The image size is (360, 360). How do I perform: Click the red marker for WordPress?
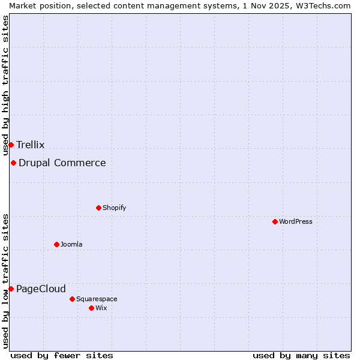click(275, 221)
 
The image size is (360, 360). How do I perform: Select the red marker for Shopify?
click(98, 208)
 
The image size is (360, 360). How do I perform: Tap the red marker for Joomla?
click(56, 244)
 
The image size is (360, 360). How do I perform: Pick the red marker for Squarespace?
click(72, 299)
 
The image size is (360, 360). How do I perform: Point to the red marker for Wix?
click(91, 308)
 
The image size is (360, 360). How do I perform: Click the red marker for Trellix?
click(11, 145)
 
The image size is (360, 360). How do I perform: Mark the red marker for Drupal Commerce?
click(13, 163)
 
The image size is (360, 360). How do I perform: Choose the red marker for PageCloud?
click(11, 289)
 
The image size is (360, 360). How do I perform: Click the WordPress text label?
click(296, 221)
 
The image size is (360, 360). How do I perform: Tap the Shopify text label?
click(114, 208)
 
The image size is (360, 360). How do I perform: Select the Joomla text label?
click(71, 244)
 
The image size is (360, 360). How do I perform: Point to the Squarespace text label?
click(97, 299)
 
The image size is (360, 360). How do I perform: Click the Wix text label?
click(101, 308)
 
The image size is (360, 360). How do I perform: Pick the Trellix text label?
click(31, 145)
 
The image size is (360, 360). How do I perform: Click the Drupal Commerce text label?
click(62, 163)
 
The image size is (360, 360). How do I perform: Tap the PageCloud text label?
click(41, 289)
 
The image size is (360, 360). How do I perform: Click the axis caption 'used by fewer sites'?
click(62, 355)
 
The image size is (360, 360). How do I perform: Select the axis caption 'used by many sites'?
click(301, 355)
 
